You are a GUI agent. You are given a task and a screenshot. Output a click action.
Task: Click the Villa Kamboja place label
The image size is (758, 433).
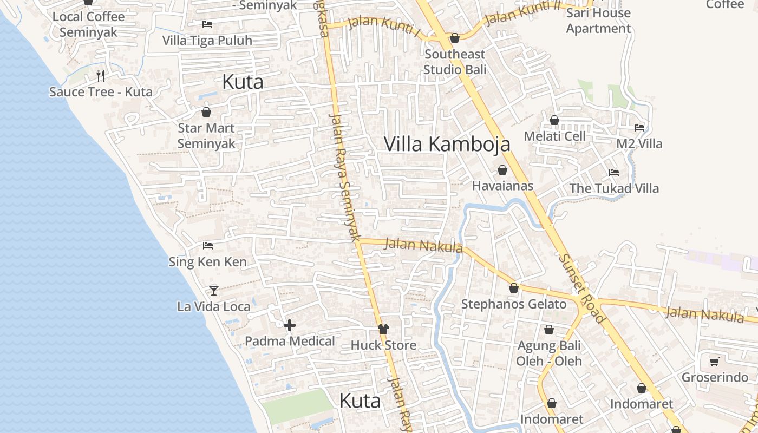[447, 144]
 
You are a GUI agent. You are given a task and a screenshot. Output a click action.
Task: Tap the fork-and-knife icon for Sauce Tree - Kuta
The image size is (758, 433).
[100, 75]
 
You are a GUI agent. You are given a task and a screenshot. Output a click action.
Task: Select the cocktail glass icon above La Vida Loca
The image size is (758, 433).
[214, 291]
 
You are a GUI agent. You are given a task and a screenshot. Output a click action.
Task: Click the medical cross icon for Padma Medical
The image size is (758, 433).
[290, 325]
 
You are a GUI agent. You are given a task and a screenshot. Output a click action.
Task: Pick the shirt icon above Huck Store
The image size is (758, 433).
[383, 329]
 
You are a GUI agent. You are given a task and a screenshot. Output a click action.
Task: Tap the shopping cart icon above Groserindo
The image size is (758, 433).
[714, 362]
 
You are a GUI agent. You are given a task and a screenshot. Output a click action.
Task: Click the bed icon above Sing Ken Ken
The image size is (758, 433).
[208, 246]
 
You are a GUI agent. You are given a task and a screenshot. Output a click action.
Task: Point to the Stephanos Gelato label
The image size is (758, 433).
[513, 304]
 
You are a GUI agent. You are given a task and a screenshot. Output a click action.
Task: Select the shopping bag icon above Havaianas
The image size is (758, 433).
[502, 170]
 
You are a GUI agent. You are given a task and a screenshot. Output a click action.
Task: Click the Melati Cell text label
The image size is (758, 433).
[554, 136]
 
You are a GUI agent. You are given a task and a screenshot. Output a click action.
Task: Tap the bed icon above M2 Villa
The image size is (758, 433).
[639, 128]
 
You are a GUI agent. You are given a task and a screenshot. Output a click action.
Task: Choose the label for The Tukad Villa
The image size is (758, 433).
[614, 188]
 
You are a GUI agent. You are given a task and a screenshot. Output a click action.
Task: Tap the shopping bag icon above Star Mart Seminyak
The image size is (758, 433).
[206, 113]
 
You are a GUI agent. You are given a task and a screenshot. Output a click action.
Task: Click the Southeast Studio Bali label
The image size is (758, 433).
[455, 62]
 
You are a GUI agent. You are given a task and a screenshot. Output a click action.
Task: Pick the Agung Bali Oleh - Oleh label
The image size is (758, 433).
[549, 353]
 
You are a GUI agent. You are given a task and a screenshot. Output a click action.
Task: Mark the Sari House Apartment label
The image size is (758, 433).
[598, 21]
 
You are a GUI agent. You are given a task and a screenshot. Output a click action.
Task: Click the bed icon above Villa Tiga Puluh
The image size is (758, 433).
[207, 24]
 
